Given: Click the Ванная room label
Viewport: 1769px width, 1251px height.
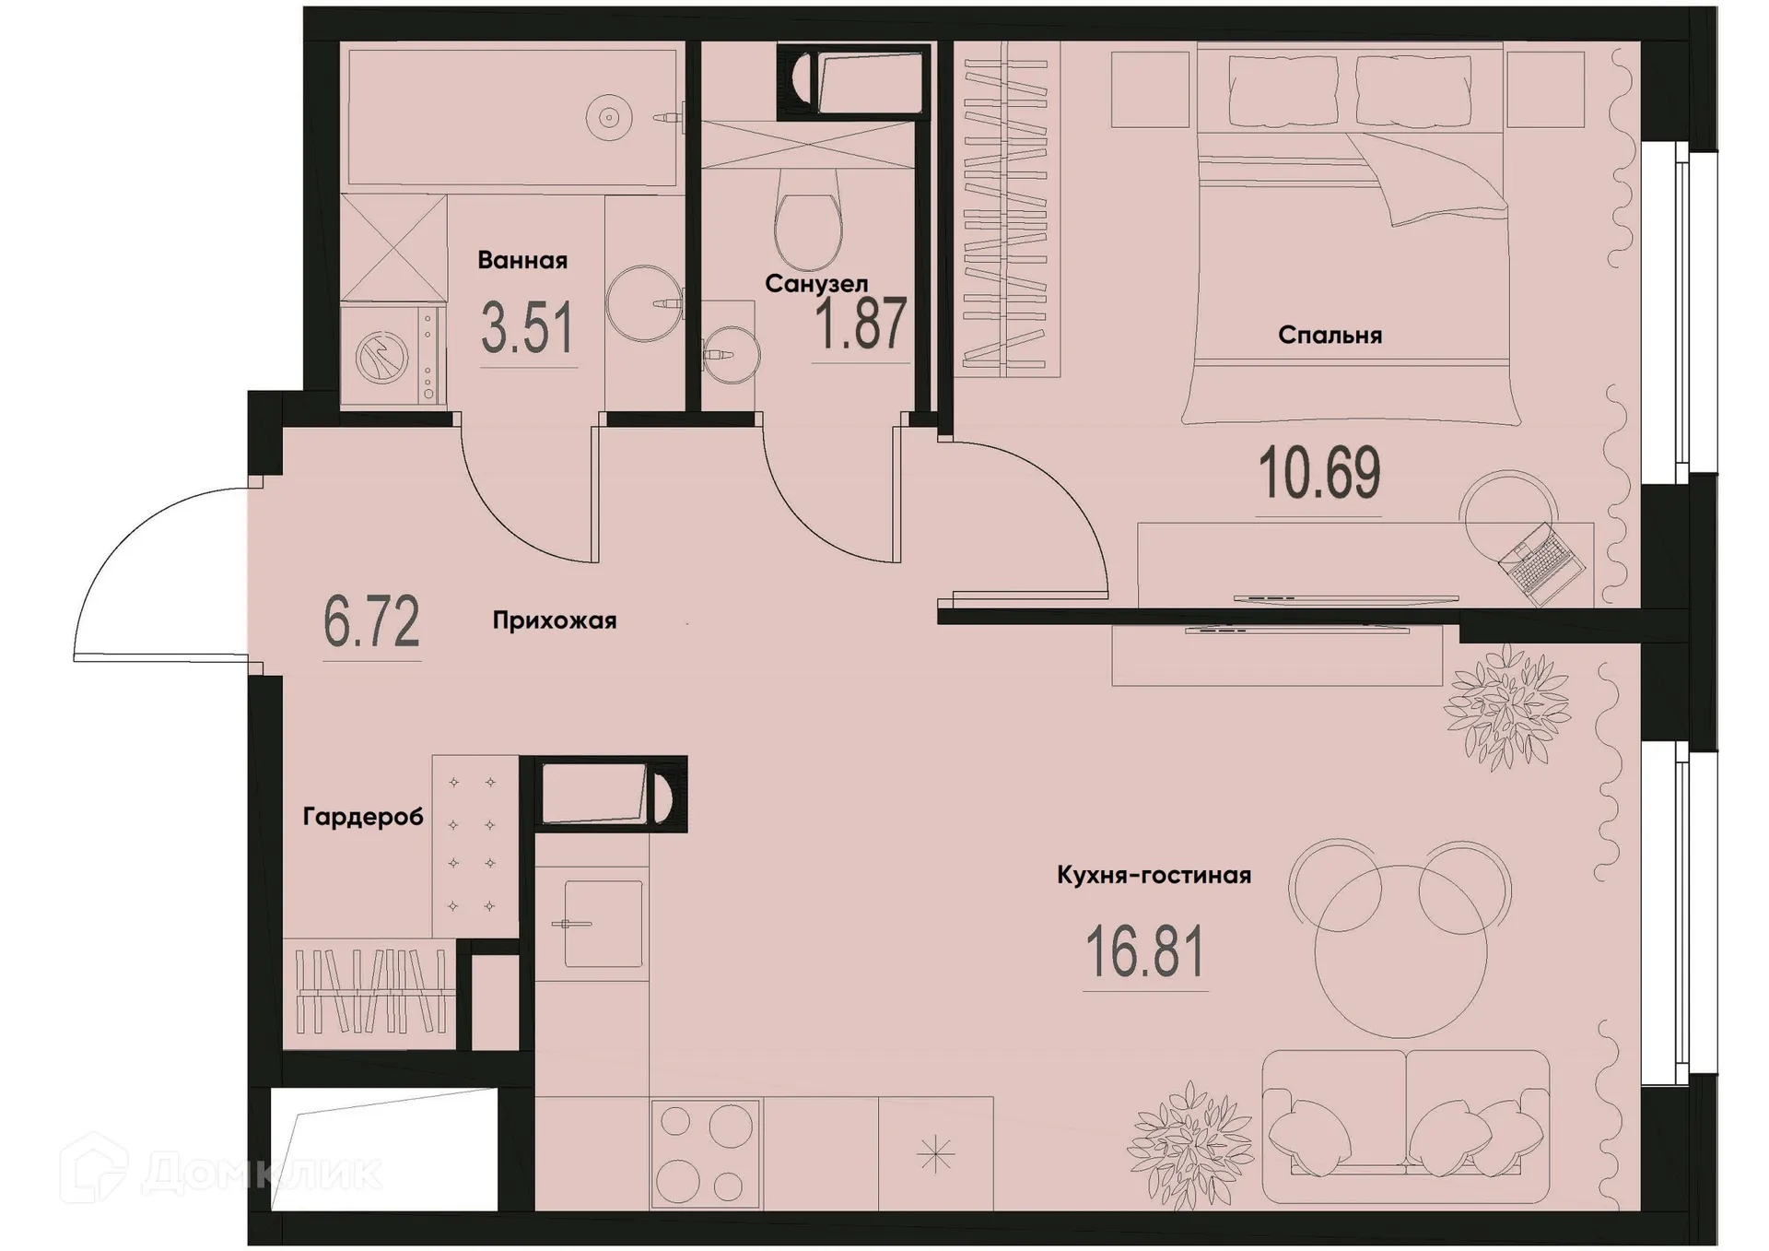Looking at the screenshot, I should click(x=521, y=261).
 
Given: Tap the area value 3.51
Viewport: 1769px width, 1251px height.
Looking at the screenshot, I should click(x=527, y=329).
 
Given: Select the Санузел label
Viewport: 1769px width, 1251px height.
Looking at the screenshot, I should click(x=815, y=284).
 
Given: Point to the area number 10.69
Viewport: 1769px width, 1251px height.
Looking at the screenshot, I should click(x=1318, y=473).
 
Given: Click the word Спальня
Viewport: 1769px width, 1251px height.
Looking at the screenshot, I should click(x=1330, y=336).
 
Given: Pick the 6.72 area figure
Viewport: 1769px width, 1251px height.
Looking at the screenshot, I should click(x=371, y=622).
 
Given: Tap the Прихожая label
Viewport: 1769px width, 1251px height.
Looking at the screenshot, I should click(x=554, y=621).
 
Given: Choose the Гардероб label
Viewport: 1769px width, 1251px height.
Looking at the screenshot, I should click(x=363, y=817).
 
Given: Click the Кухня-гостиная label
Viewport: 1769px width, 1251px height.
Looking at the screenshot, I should click(x=1154, y=875).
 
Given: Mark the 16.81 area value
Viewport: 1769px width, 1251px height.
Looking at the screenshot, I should click(x=1144, y=953).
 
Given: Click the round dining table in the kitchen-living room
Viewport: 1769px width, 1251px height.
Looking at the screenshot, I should click(x=1400, y=951).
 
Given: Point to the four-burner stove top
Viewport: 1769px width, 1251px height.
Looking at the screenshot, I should click(x=705, y=1154).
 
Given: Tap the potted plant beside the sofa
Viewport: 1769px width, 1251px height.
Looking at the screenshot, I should click(x=1189, y=1143).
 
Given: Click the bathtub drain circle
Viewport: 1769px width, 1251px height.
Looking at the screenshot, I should click(x=608, y=117).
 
